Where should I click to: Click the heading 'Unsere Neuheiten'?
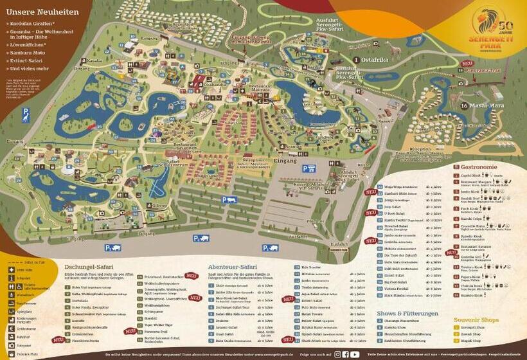[x=42, y=12]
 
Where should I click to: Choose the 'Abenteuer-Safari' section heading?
[x=232, y=266]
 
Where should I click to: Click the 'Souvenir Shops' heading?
[x=476, y=319]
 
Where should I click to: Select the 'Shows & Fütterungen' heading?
[x=407, y=313]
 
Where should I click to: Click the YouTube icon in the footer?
[x=355, y=354]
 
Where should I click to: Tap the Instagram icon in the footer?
[x=337, y=354]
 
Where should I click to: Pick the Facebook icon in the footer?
[x=346, y=354]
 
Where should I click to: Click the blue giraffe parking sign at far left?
[x=26, y=114]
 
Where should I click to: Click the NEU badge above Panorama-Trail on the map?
[x=468, y=64]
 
